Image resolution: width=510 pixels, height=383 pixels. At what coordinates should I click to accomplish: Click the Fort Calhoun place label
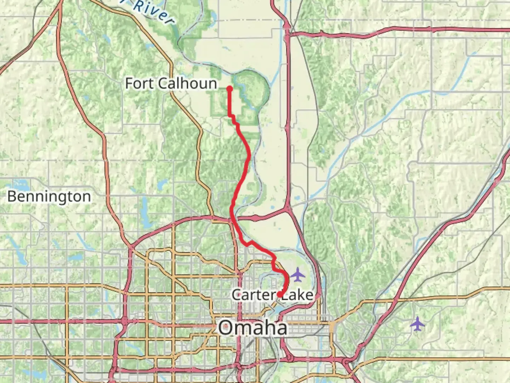coord(171,84)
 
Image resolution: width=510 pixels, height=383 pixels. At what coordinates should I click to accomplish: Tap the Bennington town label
coord(49,196)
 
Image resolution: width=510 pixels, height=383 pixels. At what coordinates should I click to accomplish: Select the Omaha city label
coord(253,327)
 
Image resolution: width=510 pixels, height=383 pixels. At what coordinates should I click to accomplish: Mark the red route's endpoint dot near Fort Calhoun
coord(229,88)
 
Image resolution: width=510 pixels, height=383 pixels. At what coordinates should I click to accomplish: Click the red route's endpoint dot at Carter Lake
coord(280,294)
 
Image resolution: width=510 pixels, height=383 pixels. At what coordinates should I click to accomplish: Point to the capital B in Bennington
coord(12,196)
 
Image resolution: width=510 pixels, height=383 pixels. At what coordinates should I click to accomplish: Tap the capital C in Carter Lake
coord(237,295)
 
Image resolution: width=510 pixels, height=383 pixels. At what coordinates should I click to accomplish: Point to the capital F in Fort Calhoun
coord(129,84)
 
